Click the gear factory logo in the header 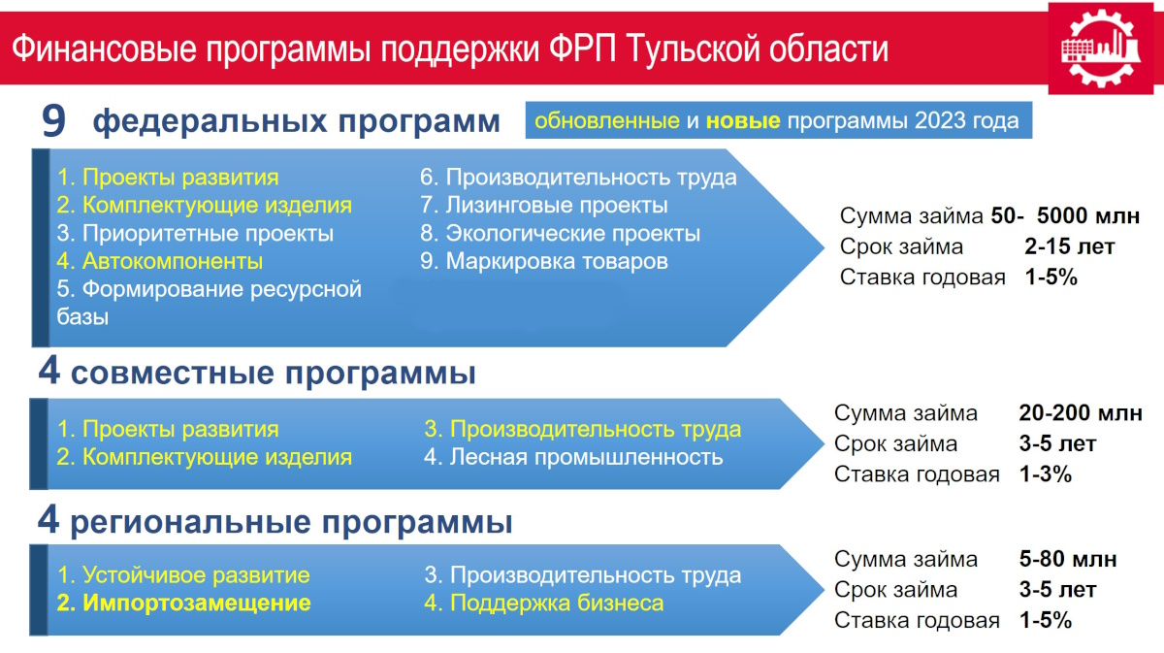(1100, 49)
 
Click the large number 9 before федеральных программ (53, 121)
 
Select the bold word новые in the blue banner (743, 120)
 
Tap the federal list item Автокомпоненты (159, 261)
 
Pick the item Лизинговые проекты (543, 205)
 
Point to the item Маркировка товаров (543, 261)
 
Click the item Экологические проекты (561, 233)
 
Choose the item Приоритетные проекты (195, 233)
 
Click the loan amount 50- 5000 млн (1065, 215)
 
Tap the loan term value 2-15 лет (1069, 246)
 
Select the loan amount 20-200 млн (1081, 412)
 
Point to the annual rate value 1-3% (1046, 474)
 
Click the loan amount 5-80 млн (1068, 559)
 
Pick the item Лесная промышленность (573, 457)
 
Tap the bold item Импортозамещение (183, 604)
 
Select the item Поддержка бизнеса (543, 604)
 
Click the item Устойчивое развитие (183, 575)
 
